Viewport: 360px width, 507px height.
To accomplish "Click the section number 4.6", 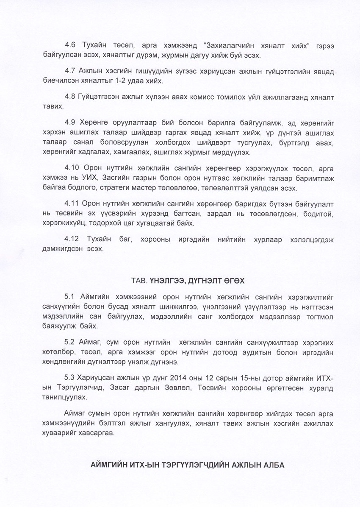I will (70, 45).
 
